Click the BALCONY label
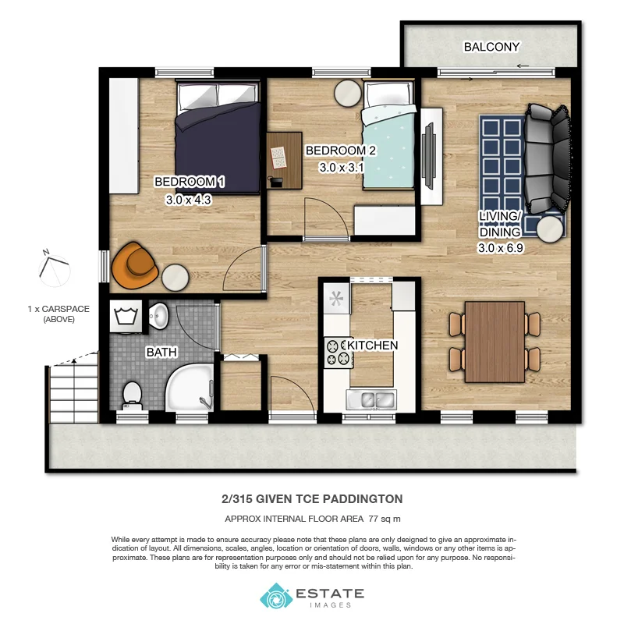(491, 47)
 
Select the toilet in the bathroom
(132, 393)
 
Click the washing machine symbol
(124, 317)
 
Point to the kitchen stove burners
(338, 352)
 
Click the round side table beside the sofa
(551, 228)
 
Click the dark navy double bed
(218, 138)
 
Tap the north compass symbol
(53, 268)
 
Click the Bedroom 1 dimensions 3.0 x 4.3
(189, 200)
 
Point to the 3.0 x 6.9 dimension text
(499, 249)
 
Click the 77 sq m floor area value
(381, 518)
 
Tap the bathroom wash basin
(159, 317)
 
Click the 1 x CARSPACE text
(58, 309)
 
